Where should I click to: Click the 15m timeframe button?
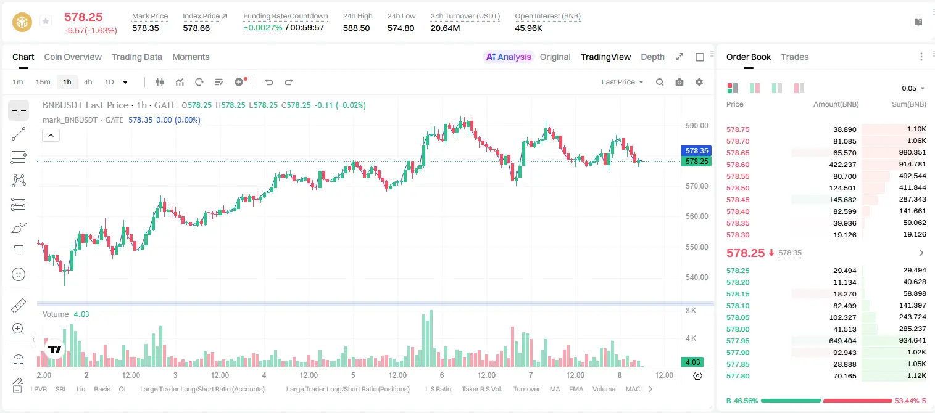pyautogui.click(x=43, y=82)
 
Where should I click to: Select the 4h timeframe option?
pyautogui.click(x=88, y=82)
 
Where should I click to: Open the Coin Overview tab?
pyautogui.click(x=73, y=57)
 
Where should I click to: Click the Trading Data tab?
pyautogui.click(x=136, y=57)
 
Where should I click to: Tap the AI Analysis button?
pyautogui.click(x=509, y=57)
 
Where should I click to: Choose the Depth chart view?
pyautogui.click(x=652, y=57)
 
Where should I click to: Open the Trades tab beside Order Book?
pyautogui.click(x=795, y=57)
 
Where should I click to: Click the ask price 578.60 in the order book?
pyautogui.click(x=738, y=165)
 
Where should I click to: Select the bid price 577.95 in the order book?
pyautogui.click(x=738, y=341)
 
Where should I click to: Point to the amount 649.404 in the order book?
pyautogui.click(x=842, y=341)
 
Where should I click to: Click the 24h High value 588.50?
pyautogui.click(x=357, y=28)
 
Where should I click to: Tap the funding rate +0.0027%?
pyautogui.click(x=263, y=28)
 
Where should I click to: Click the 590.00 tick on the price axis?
pyautogui.click(x=697, y=126)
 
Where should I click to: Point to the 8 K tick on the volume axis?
pyautogui.click(x=691, y=311)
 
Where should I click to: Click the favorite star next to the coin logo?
pyautogui.click(x=46, y=21)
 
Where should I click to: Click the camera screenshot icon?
pyautogui.click(x=679, y=82)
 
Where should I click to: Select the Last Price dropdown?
pyautogui.click(x=622, y=82)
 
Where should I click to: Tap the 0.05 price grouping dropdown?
pyautogui.click(x=913, y=88)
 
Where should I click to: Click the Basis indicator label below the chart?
pyautogui.click(x=102, y=389)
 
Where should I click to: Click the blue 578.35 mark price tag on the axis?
pyautogui.click(x=696, y=151)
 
